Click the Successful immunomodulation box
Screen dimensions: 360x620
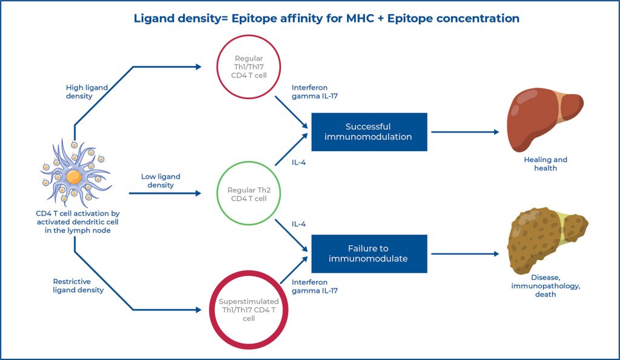click(x=369, y=131)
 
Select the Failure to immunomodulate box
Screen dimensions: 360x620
click(x=369, y=254)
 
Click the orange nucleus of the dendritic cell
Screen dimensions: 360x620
click(x=74, y=177)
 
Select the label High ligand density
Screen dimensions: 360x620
click(x=87, y=92)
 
